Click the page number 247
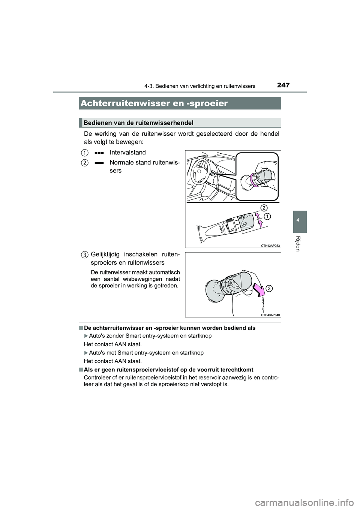(x=283, y=85)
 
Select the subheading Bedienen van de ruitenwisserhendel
(x=139, y=123)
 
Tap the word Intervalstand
(x=128, y=153)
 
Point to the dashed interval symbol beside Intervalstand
(x=99, y=153)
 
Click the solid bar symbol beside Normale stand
(x=99, y=163)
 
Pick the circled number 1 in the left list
(x=85, y=153)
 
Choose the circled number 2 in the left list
(x=85, y=163)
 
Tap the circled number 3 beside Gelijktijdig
(x=85, y=255)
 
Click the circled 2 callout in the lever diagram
(x=264, y=208)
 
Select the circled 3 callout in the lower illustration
(x=270, y=288)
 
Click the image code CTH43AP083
(x=270, y=245)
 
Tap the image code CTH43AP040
(x=270, y=315)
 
